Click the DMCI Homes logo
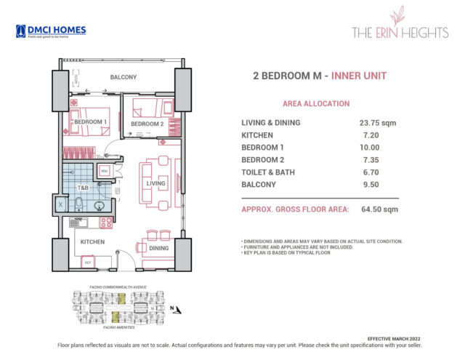click(51, 31)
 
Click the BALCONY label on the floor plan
click(124, 77)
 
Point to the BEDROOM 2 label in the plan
click(147, 124)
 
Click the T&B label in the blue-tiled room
click(84, 187)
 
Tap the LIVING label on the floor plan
click(155, 183)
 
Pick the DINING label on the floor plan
click(158, 248)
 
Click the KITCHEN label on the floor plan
click(93, 241)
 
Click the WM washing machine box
click(104, 171)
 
